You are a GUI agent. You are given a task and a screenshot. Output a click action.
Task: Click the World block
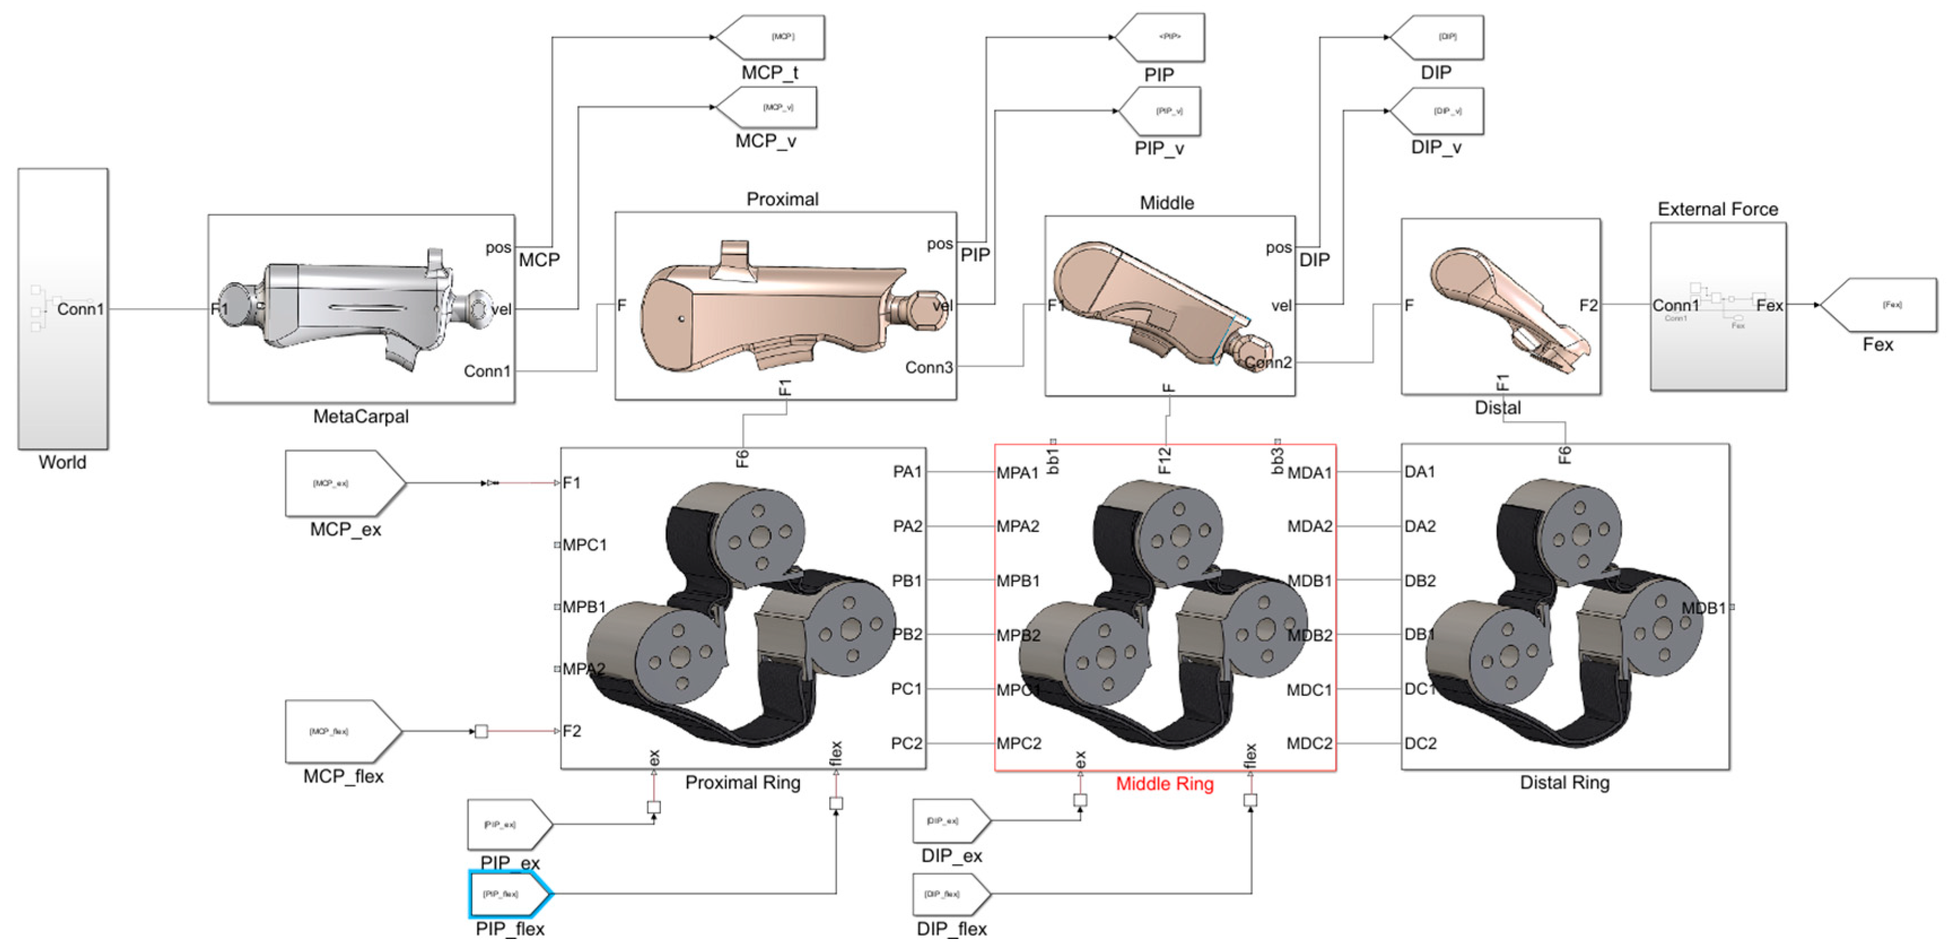63,309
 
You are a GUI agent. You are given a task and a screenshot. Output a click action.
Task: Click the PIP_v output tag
1162,111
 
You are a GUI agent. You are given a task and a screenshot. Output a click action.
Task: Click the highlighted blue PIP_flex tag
509,893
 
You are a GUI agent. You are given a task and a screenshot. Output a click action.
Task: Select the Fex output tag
1880,305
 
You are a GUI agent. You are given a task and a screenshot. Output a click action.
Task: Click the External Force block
1718,306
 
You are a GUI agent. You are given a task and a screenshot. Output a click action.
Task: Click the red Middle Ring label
1164,784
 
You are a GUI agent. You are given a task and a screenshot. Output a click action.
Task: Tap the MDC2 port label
1309,744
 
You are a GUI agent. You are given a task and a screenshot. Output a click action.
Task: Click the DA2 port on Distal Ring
1420,526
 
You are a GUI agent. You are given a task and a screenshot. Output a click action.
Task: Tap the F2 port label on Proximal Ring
571,731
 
